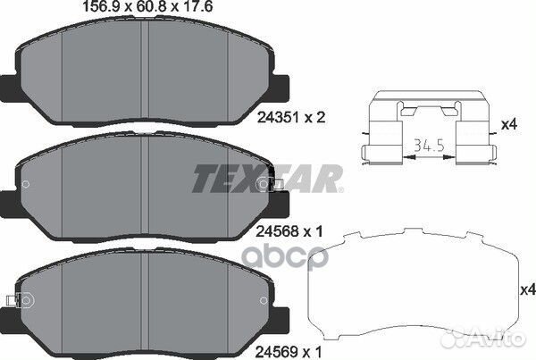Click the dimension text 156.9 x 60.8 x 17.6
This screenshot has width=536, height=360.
pos(147,6)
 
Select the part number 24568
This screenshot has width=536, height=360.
pos(278,232)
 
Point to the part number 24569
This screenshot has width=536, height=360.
pos(277,351)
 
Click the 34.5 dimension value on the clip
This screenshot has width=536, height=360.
pos(429,146)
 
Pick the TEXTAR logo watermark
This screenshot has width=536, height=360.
pos(268,179)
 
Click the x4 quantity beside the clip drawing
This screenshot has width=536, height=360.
pos(509,124)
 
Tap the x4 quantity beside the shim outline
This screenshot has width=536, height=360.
pos(528,290)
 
